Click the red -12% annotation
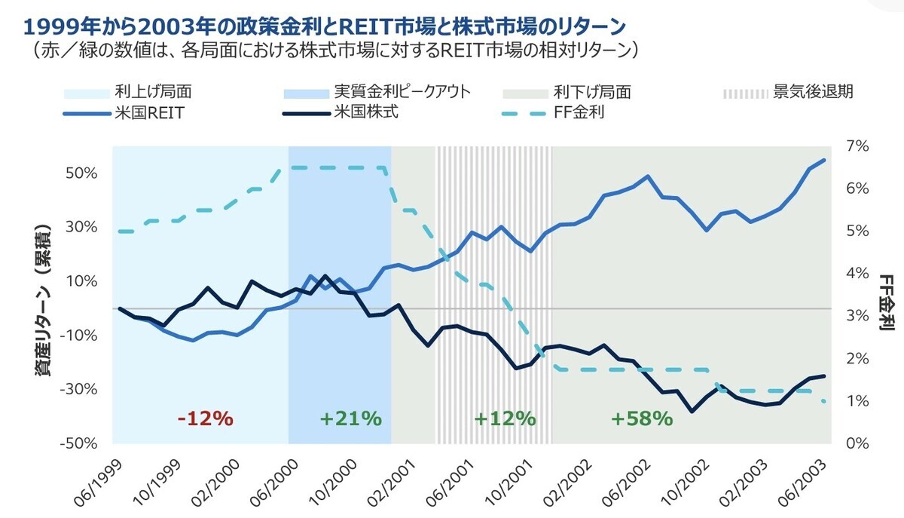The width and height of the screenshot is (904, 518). tap(205, 418)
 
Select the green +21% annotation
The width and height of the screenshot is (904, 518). tap(350, 418)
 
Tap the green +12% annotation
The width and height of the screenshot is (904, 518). tap(505, 418)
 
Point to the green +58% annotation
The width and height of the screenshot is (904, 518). tap(641, 418)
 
